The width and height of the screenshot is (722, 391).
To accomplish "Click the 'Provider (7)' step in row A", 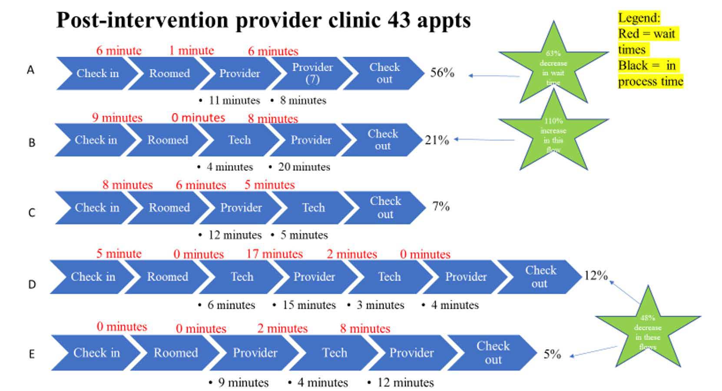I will [312, 73].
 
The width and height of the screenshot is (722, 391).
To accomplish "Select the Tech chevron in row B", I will [239, 140].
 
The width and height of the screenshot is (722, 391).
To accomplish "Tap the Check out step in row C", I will [385, 207].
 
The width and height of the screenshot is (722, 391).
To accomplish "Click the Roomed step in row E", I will [176, 353].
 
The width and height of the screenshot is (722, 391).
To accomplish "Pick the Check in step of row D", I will [93, 277].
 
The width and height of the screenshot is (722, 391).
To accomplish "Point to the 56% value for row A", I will [442, 73].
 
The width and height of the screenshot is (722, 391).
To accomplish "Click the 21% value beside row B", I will [437, 140].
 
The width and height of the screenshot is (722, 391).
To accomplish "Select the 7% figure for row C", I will [440, 206].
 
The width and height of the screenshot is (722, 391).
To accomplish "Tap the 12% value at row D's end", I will [596, 276].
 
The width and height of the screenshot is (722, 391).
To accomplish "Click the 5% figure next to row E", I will [552, 355].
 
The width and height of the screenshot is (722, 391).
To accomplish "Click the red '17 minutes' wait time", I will [274, 254].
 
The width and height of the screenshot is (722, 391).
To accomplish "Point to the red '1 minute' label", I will [192, 51].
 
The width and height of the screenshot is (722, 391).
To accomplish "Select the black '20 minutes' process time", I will [304, 167].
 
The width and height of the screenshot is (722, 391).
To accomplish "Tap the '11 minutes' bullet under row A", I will [234, 101].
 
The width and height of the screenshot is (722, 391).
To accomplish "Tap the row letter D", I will [32, 285].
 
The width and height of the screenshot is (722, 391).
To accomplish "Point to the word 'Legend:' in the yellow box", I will [639, 18].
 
